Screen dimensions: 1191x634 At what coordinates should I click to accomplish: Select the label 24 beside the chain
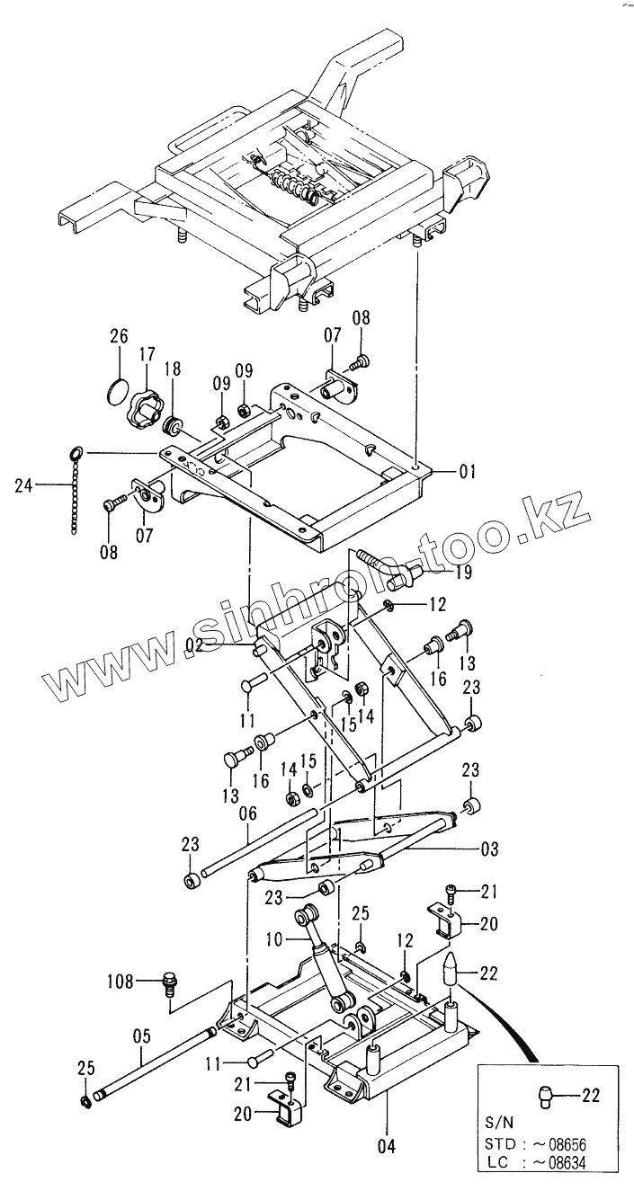(x=24, y=486)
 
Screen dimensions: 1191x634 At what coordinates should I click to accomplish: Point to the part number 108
(x=122, y=980)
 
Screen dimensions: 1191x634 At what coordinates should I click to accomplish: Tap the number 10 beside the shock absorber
(x=273, y=938)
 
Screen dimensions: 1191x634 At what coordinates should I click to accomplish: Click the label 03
(x=489, y=849)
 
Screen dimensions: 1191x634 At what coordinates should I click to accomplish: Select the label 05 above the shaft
(x=141, y=1035)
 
